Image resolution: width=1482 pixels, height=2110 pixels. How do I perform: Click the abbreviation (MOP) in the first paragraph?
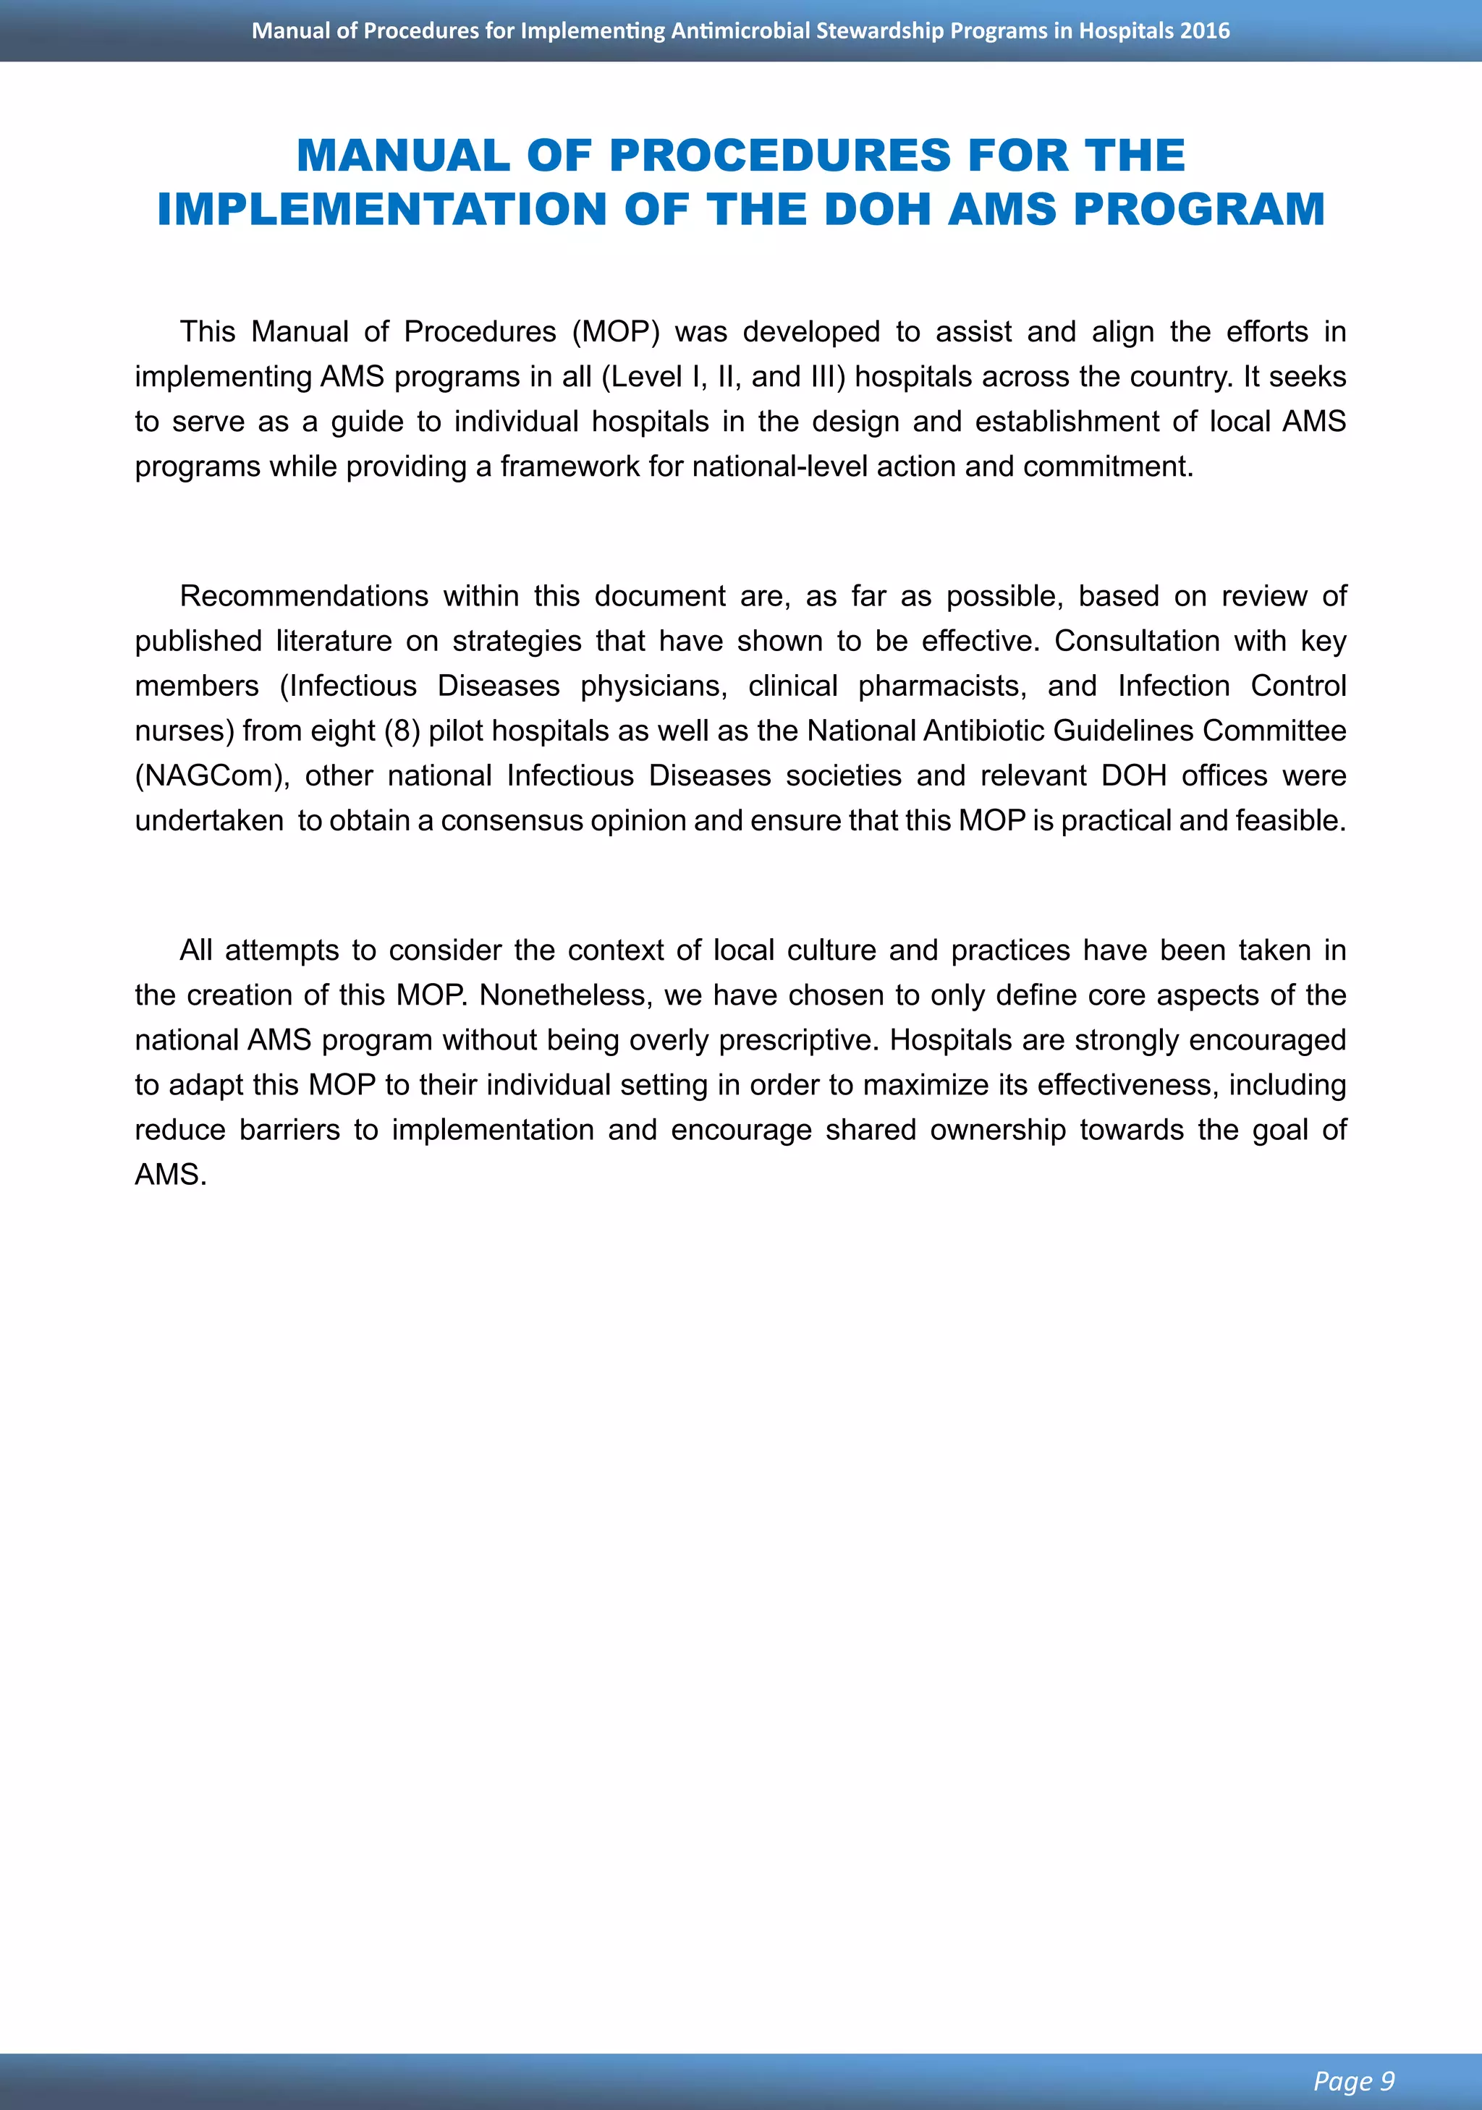615,332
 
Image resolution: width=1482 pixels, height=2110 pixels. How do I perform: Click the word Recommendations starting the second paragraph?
303,597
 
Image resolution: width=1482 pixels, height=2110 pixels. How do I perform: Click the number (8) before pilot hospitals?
402,731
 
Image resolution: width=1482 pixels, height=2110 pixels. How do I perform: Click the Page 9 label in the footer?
1353,2080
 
